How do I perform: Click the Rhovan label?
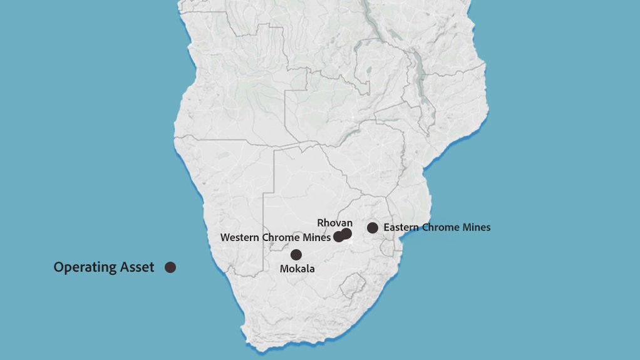(334, 223)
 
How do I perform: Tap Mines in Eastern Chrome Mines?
(477, 227)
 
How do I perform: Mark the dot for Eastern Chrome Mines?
(373, 227)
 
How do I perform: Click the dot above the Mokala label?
(296, 254)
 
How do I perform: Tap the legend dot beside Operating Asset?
(170, 267)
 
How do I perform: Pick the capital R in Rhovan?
(321, 223)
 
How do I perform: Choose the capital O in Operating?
(58, 267)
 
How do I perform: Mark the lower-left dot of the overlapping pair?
(338, 237)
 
